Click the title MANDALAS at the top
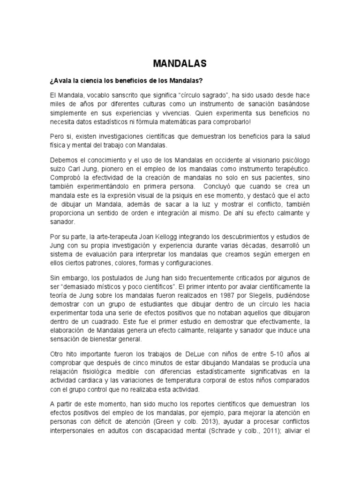180,63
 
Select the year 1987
212,295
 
